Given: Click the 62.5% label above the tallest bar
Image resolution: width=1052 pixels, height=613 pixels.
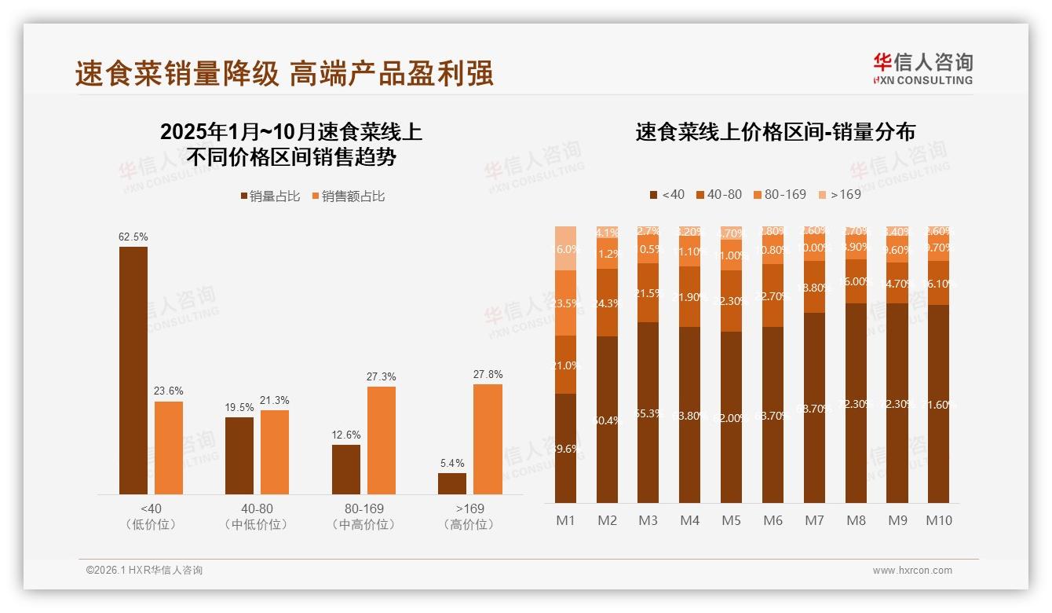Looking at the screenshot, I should [133, 237].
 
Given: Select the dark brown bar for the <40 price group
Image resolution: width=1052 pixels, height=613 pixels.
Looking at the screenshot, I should [133, 369].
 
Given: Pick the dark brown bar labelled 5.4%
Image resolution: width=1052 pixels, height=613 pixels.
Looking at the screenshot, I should [452, 483].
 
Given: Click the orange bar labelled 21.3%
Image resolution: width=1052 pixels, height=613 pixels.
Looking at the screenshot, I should [275, 452].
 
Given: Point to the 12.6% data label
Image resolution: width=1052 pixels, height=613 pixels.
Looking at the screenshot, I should [346, 435].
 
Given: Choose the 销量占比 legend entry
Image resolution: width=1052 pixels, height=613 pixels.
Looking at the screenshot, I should [270, 196].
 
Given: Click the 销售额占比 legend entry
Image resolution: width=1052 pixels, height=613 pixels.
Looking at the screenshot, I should [349, 196].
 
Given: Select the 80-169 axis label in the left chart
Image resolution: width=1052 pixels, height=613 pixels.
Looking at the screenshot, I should [363, 508].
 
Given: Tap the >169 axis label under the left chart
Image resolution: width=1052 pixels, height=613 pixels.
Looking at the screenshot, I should [469, 508].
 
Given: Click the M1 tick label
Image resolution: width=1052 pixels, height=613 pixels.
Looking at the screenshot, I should [566, 520].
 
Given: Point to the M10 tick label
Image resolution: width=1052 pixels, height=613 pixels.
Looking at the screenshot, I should [939, 520].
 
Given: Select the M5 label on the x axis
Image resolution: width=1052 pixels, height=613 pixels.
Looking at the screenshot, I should [732, 520].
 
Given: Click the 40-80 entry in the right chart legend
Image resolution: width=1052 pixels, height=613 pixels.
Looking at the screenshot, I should [718, 194].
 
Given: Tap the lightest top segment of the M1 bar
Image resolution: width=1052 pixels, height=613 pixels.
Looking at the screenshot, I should [566, 248].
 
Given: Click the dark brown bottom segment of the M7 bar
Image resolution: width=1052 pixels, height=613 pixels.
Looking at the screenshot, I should [814, 408].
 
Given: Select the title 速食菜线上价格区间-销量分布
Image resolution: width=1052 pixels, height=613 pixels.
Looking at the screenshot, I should [775, 132].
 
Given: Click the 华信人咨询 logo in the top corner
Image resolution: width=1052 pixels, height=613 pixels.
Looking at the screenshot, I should [922, 68].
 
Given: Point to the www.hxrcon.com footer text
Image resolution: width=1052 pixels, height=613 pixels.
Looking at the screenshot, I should [912, 571].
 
